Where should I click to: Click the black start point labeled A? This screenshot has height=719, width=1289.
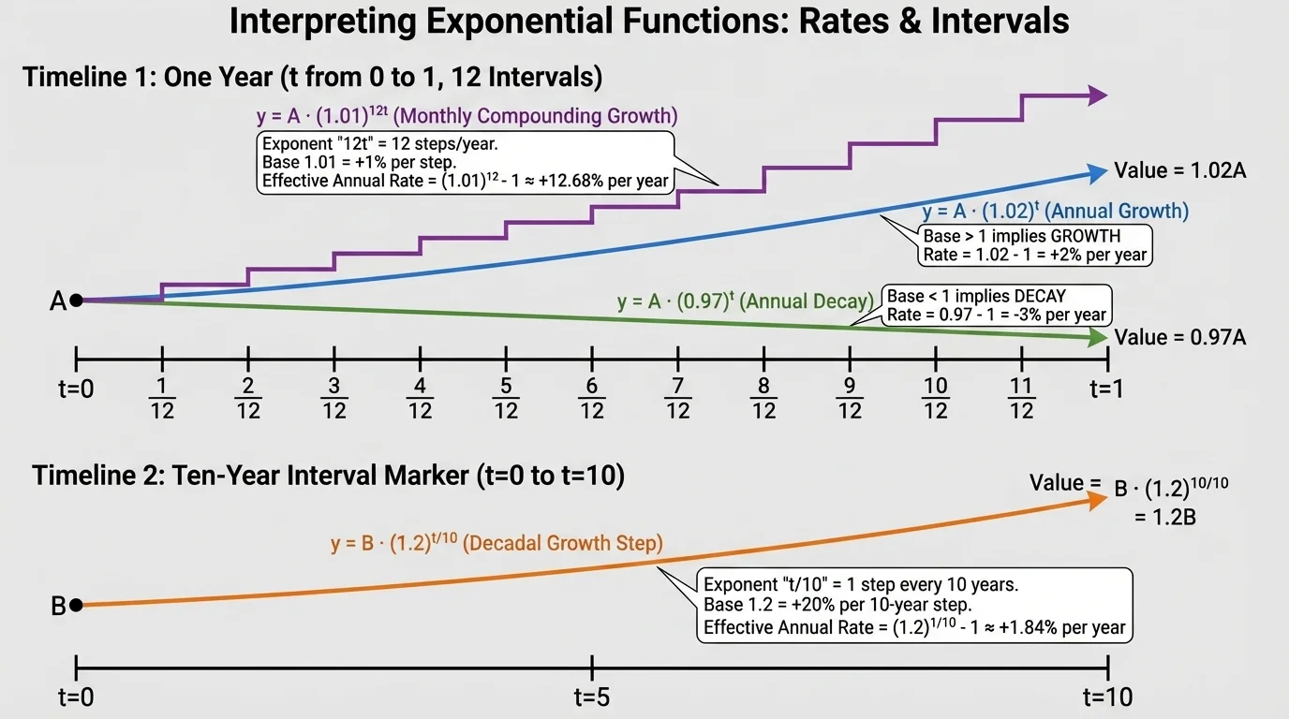pos(76,301)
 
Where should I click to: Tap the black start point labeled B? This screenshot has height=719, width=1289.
pos(76,605)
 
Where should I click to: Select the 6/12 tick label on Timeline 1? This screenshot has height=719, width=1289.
pos(592,398)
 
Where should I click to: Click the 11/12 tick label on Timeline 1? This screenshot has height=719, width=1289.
pos(1022,398)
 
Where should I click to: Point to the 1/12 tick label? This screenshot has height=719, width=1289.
pos(162,398)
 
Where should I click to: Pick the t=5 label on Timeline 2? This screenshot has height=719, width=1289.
pos(592,697)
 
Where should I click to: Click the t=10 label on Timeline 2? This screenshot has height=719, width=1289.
pos(1107,697)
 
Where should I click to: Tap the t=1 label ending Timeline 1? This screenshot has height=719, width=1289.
pos(1107,389)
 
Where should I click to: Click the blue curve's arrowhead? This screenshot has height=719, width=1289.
pos(1095,171)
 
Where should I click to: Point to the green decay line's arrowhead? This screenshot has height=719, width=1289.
pos(1095,338)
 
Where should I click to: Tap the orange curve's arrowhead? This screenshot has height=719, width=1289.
pos(1095,501)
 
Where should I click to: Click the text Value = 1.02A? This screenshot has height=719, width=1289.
pos(1179,170)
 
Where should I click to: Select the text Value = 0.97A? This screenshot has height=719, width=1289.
pos(1179,338)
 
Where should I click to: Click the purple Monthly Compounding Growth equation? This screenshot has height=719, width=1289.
pos(467,117)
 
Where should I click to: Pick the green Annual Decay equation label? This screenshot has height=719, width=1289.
pos(746,301)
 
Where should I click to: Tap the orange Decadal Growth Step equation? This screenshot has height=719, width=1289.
pos(496,544)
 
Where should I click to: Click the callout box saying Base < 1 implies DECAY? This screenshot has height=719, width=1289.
pos(997,305)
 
